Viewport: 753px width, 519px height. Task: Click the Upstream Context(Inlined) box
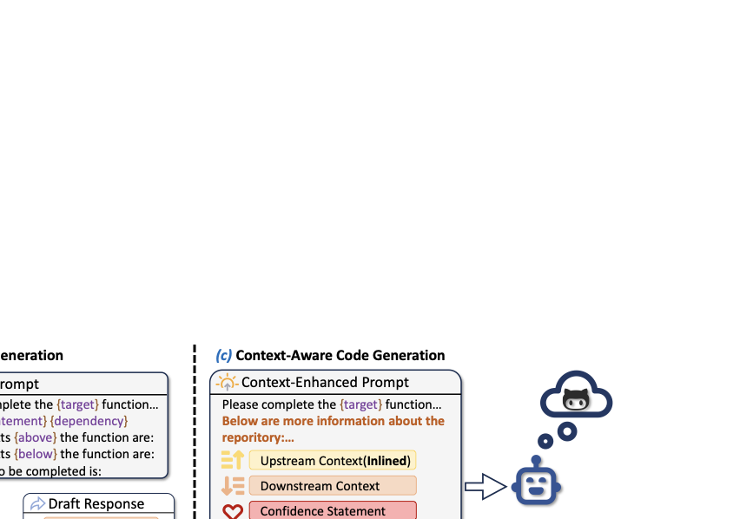[332, 461]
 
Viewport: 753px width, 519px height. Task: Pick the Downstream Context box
[332, 486]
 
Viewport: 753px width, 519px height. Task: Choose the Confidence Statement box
[332, 511]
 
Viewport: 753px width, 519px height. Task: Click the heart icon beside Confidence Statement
[233, 512]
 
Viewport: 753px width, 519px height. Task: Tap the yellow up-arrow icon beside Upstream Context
[233, 461]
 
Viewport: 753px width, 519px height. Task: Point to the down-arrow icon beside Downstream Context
[233, 486]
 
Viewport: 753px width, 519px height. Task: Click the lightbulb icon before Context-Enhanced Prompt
[226, 382]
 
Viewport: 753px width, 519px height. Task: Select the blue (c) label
[224, 356]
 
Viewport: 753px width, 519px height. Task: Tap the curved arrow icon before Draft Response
[38, 504]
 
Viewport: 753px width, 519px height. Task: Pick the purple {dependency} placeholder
[89, 421]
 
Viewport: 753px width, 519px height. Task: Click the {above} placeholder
[35, 437]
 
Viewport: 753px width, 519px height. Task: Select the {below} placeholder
[36, 454]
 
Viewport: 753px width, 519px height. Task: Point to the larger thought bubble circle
[567, 430]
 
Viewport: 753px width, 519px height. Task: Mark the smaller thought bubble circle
[545, 442]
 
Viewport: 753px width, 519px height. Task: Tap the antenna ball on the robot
[537, 460]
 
